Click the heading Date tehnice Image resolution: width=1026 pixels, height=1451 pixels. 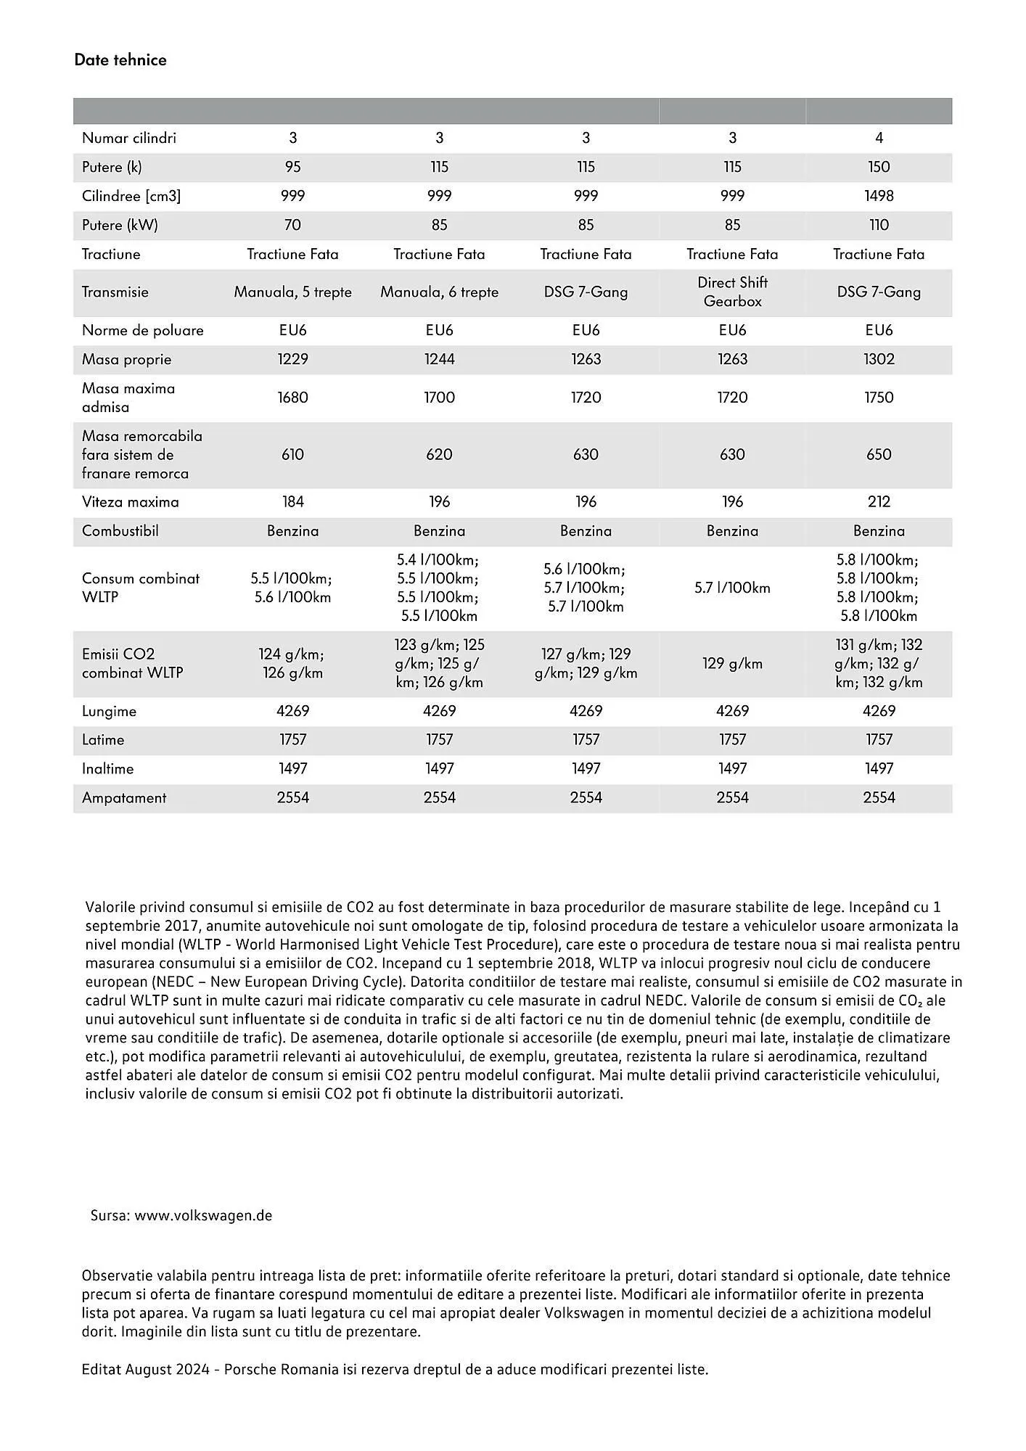click(120, 60)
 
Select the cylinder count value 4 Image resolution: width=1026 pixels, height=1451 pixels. click(879, 138)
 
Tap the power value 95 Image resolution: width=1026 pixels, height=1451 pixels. click(292, 167)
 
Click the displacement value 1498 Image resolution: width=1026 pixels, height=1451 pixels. click(879, 196)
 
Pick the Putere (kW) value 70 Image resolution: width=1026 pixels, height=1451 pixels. click(292, 225)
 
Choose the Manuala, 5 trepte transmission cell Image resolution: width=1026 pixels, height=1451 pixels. click(292, 292)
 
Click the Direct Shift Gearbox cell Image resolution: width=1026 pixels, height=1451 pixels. click(732, 292)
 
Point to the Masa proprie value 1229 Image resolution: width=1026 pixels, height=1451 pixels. click(292, 359)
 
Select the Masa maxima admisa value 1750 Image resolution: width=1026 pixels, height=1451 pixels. click(879, 398)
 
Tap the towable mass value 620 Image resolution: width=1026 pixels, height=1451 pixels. click(439, 455)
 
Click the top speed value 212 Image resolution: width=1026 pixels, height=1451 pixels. click(879, 502)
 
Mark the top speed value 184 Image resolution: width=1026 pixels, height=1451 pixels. click(292, 502)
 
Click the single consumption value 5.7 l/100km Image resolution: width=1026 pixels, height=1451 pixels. click(732, 588)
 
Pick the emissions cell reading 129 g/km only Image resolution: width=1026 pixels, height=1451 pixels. click(732, 663)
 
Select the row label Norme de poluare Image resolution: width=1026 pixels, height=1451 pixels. click(142, 330)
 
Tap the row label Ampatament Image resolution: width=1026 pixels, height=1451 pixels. click(124, 798)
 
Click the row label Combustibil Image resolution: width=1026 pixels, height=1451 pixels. click(120, 531)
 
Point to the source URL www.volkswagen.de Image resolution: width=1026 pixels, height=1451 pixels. click(203, 1215)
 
